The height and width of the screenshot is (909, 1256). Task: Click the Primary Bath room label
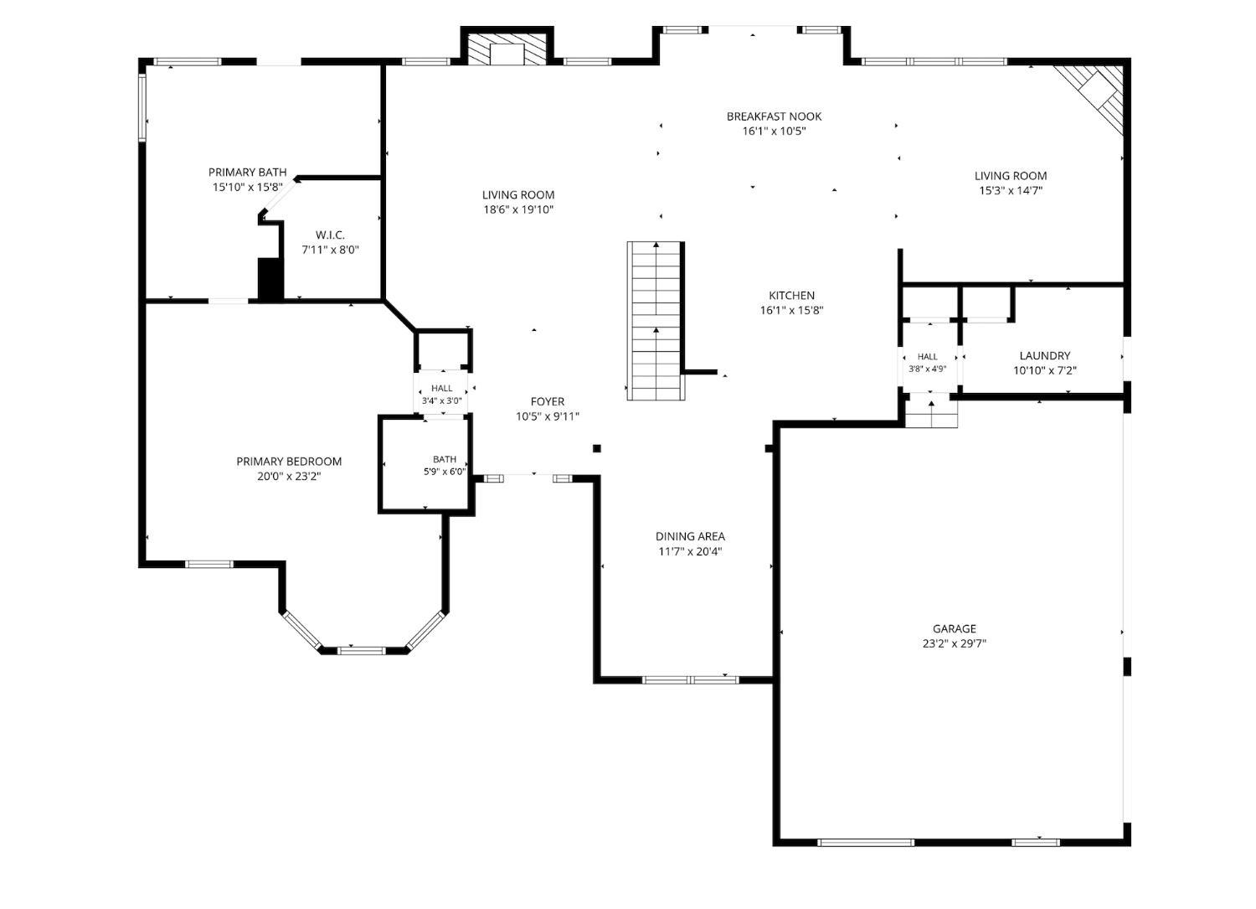(247, 173)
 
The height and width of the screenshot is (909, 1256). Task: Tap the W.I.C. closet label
(330, 235)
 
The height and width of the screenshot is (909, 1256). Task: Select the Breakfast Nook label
(774, 116)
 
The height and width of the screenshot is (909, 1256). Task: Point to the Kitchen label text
(791, 296)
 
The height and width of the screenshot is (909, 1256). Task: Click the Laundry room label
(1045, 356)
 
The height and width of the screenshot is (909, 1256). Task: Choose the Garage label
(955, 629)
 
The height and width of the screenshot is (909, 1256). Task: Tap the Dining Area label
(690, 536)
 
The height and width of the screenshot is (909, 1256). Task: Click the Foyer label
(548, 402)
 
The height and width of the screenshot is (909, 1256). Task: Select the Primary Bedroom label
(289, 462)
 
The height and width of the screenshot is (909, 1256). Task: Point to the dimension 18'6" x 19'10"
(518, 209)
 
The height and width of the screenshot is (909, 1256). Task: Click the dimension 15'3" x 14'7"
(1011, 191)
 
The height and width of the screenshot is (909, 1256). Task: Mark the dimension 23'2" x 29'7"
(955, 644)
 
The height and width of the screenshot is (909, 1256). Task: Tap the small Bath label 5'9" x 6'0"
(445, 466)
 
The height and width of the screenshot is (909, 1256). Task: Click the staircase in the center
(656, 320)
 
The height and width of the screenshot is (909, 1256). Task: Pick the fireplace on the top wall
(507, 49)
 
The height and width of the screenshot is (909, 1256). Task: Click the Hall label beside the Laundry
(928, 357)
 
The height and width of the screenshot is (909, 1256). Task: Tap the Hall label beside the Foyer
(442, 388)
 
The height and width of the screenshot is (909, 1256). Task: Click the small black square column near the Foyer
(597, 448)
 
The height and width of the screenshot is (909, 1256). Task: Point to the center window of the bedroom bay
(362, 651)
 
